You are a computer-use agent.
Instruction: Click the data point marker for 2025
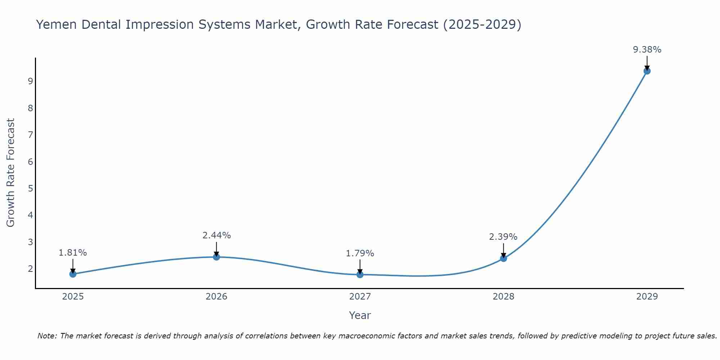pyautogui.click(x=73, y=274)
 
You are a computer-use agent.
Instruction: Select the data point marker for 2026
pyautogui.click(x=216, y=257)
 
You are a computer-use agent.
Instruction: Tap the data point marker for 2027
pyautogui.click(x=360, y=275)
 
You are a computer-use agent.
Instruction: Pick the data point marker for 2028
pyautogui.click(x=503, y=258)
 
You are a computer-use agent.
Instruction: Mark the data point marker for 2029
pyautogui.click(x=647, y=71)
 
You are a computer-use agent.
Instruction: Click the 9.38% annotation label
pyautogui.click(x=647, y=50)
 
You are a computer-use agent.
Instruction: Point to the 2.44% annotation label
pyautogui.click(x=216, y=235)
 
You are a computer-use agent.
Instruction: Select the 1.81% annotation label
pyautogui.click(x=73, y=253)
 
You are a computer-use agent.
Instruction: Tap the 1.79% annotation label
pyautogui.click(x=360, y=253)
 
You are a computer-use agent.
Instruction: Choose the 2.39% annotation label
pyautogui.click(x=503, y=237)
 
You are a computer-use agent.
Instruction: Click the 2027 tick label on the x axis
pyautogui.click(x=360, y=297)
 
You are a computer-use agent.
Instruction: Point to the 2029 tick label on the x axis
pyautogui.click(x=647, y=297)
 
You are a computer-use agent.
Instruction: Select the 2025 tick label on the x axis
pyautogui.click(x=73, y=297)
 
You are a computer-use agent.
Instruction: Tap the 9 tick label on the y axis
pyautogui.click(x=30, y=81)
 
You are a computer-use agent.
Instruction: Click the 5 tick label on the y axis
pyautogui.click(x=30, y=188)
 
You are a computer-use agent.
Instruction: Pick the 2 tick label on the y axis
pyautogui.click(x=30, y=269)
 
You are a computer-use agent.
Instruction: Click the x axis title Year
pyautogui.click(x=360, y=315)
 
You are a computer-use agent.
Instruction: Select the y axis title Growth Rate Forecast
pyautogui.click(x=11, y=173)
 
